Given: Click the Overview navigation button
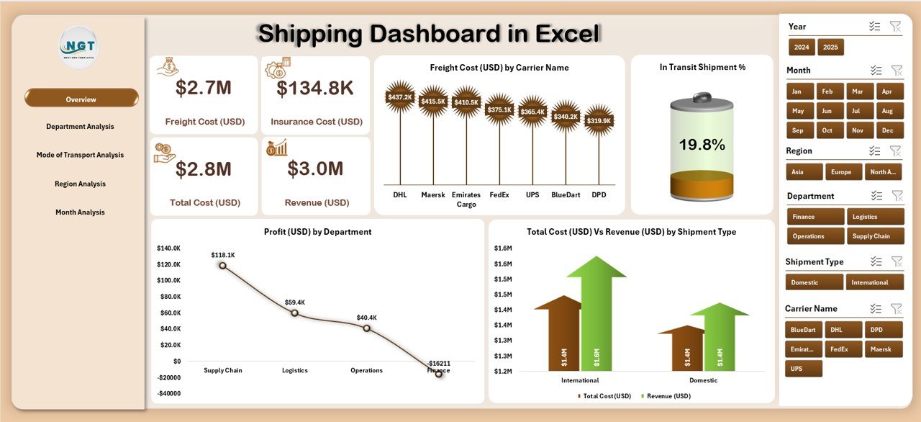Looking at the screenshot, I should (81, 99).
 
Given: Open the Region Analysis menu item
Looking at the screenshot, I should (80, 184).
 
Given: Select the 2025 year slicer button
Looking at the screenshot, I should (830, 48).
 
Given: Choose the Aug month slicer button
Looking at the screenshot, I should (887, 112).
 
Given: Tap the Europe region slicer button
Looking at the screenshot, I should (840, 172).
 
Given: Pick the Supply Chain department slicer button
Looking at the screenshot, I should (875, 236).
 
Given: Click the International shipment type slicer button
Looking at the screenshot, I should (874, 282).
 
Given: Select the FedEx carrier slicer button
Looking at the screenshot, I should (843, 349).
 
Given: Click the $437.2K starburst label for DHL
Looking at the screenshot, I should (399, 96).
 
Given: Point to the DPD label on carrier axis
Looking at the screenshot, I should (599, 195).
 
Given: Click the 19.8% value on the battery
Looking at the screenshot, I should (702, 145).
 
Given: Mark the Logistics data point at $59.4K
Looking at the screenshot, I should (294, 313).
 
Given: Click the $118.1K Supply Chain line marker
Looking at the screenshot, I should (222, 266).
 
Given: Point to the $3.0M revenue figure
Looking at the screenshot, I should (315, 169).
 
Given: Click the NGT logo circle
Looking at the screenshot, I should (80, 48).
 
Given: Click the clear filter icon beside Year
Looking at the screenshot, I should (895, 27).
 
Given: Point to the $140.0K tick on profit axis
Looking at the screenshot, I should (169, 248).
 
